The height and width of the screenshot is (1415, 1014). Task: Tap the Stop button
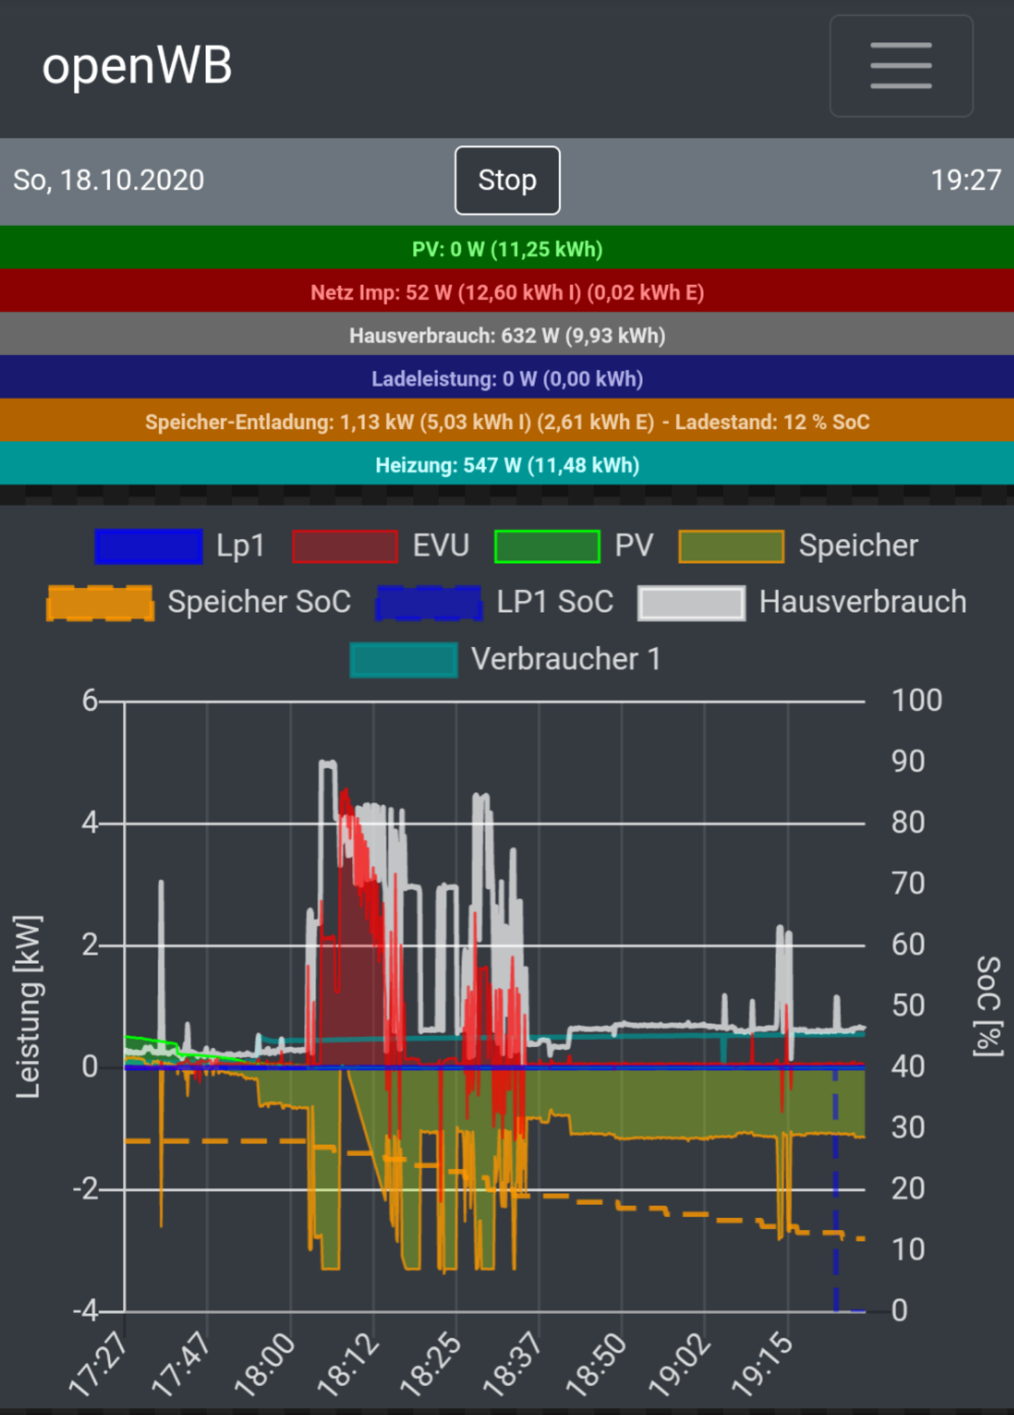(507, 180)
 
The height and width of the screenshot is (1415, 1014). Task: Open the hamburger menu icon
(901, 66)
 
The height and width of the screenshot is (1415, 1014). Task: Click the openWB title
(137, 66)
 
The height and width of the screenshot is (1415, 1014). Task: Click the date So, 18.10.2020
(109, 180)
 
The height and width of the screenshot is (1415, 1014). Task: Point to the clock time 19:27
(966, 180)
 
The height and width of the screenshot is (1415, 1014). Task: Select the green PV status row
(507, 249)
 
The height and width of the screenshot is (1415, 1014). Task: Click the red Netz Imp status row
(507, 292)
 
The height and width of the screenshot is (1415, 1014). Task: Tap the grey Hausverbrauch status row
(507, 336)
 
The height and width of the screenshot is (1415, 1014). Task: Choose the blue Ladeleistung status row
(507, 379)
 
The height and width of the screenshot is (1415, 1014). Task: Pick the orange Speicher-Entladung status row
(507, 421)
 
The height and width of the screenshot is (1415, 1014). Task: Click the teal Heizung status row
(507, 465)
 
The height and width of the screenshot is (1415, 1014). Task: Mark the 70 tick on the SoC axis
(908, 884)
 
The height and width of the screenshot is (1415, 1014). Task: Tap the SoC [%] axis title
(988, 1006)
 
